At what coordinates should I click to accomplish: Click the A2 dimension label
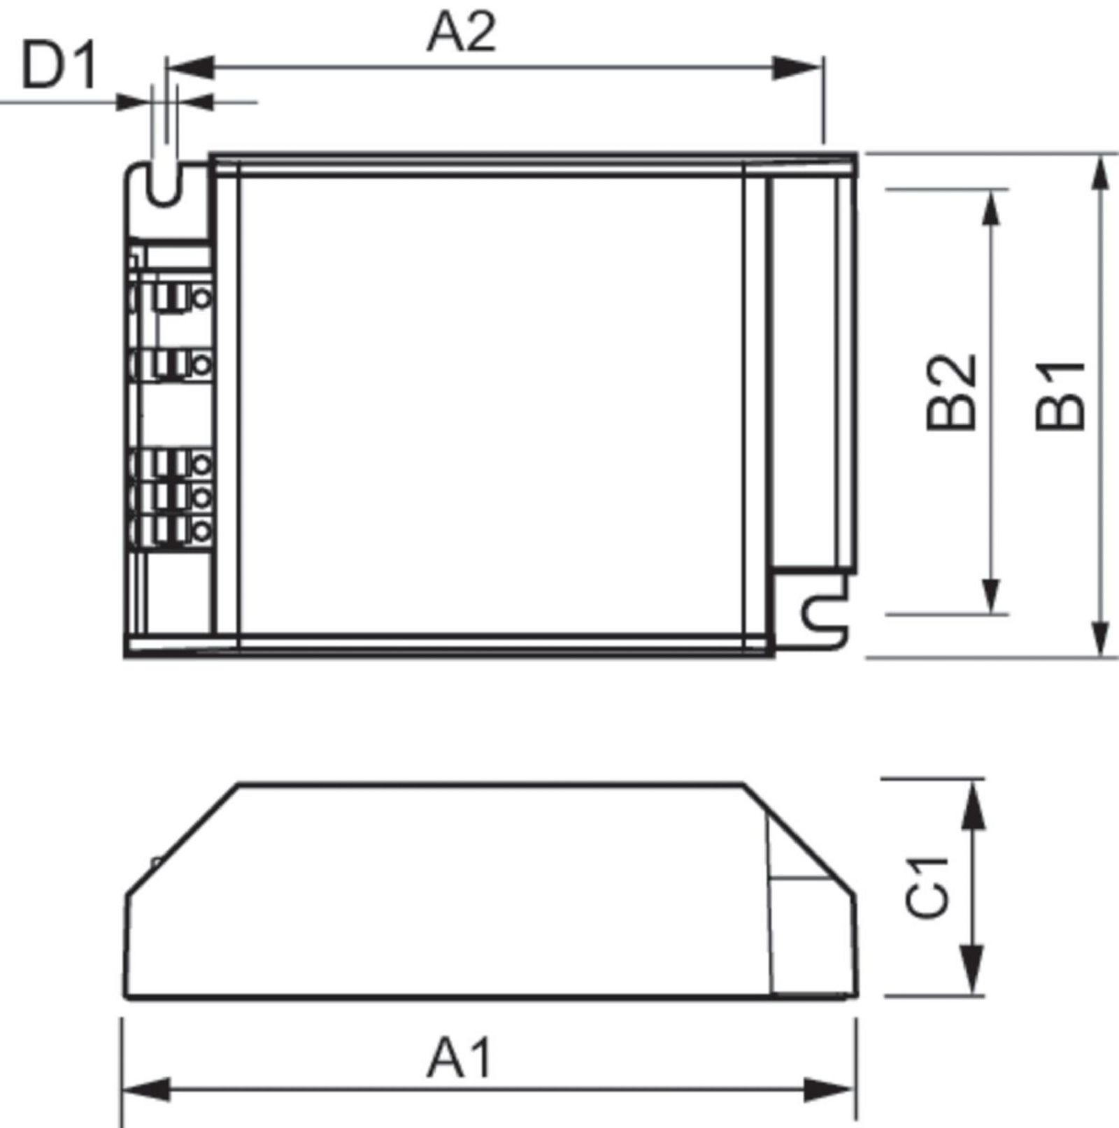pos(462,32)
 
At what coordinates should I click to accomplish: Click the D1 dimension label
pos(59,66)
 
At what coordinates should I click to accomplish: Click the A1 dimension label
pos(459,1058)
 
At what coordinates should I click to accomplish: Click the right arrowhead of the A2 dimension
pos(797,68)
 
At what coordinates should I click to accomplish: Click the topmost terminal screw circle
pos(201,299)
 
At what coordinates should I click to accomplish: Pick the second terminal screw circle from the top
pos(201,364)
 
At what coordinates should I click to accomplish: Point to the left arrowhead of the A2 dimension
pos(189,68)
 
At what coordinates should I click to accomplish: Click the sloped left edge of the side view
pos(182,839)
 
